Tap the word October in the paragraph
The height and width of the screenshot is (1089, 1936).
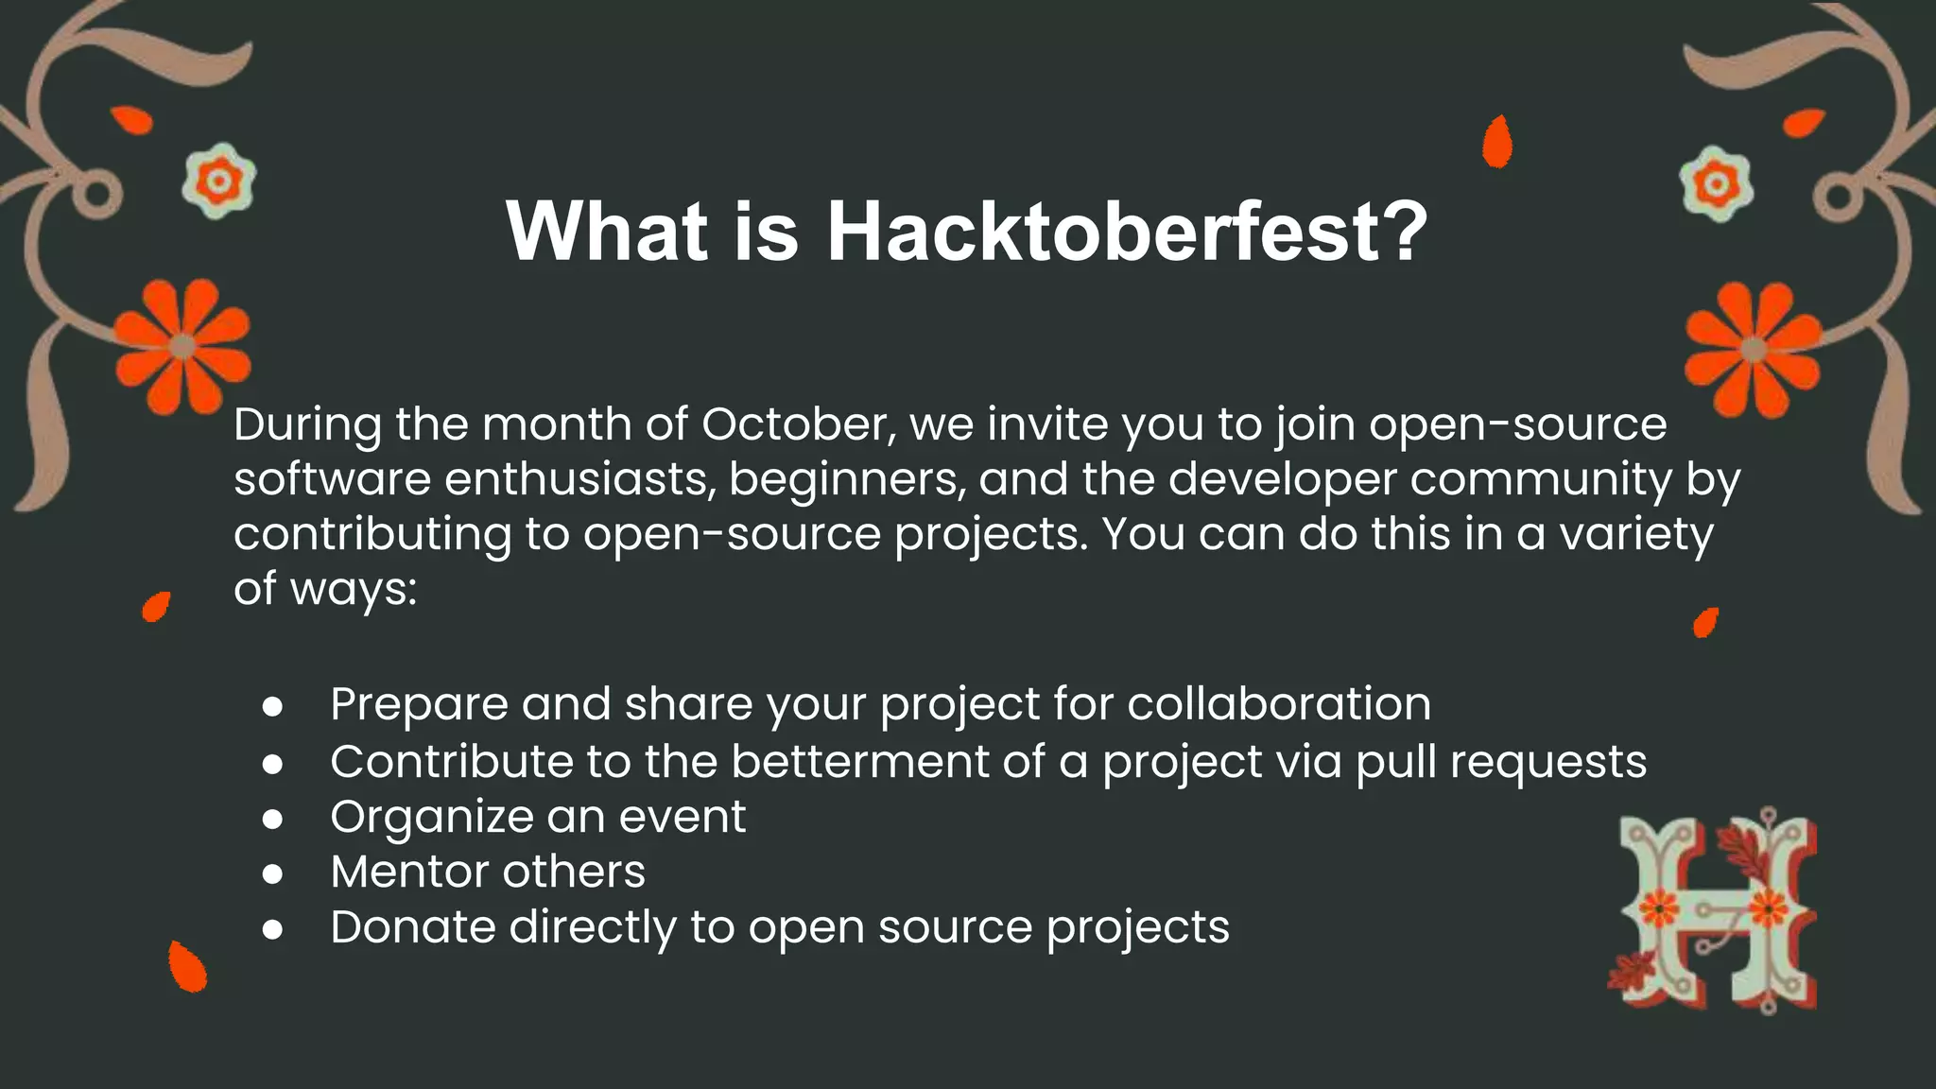pyautogui.click(x=797, y=424)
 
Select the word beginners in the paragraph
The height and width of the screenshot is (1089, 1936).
pyautogui.click(x=847, y=480)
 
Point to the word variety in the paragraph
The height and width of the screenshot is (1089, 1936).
pyautogui.click(x=1635, y=535)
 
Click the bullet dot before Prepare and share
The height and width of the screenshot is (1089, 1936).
pyautogui.click(x=272, y=707)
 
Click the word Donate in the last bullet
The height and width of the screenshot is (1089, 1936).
pyautogui.click(x=412, y=926)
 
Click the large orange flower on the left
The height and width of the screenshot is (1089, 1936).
pyautogui.click(x=182, y=347)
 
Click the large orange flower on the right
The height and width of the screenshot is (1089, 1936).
pyautogui.click(x=1754, y=350)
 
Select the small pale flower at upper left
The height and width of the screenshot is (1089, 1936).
pyautogui.click(x=218, y=181)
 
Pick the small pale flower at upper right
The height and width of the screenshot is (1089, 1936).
pyautogui.click(x=1716, y=183)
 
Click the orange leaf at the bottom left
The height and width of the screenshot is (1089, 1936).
pyautogui.click(x=187, y=967)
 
